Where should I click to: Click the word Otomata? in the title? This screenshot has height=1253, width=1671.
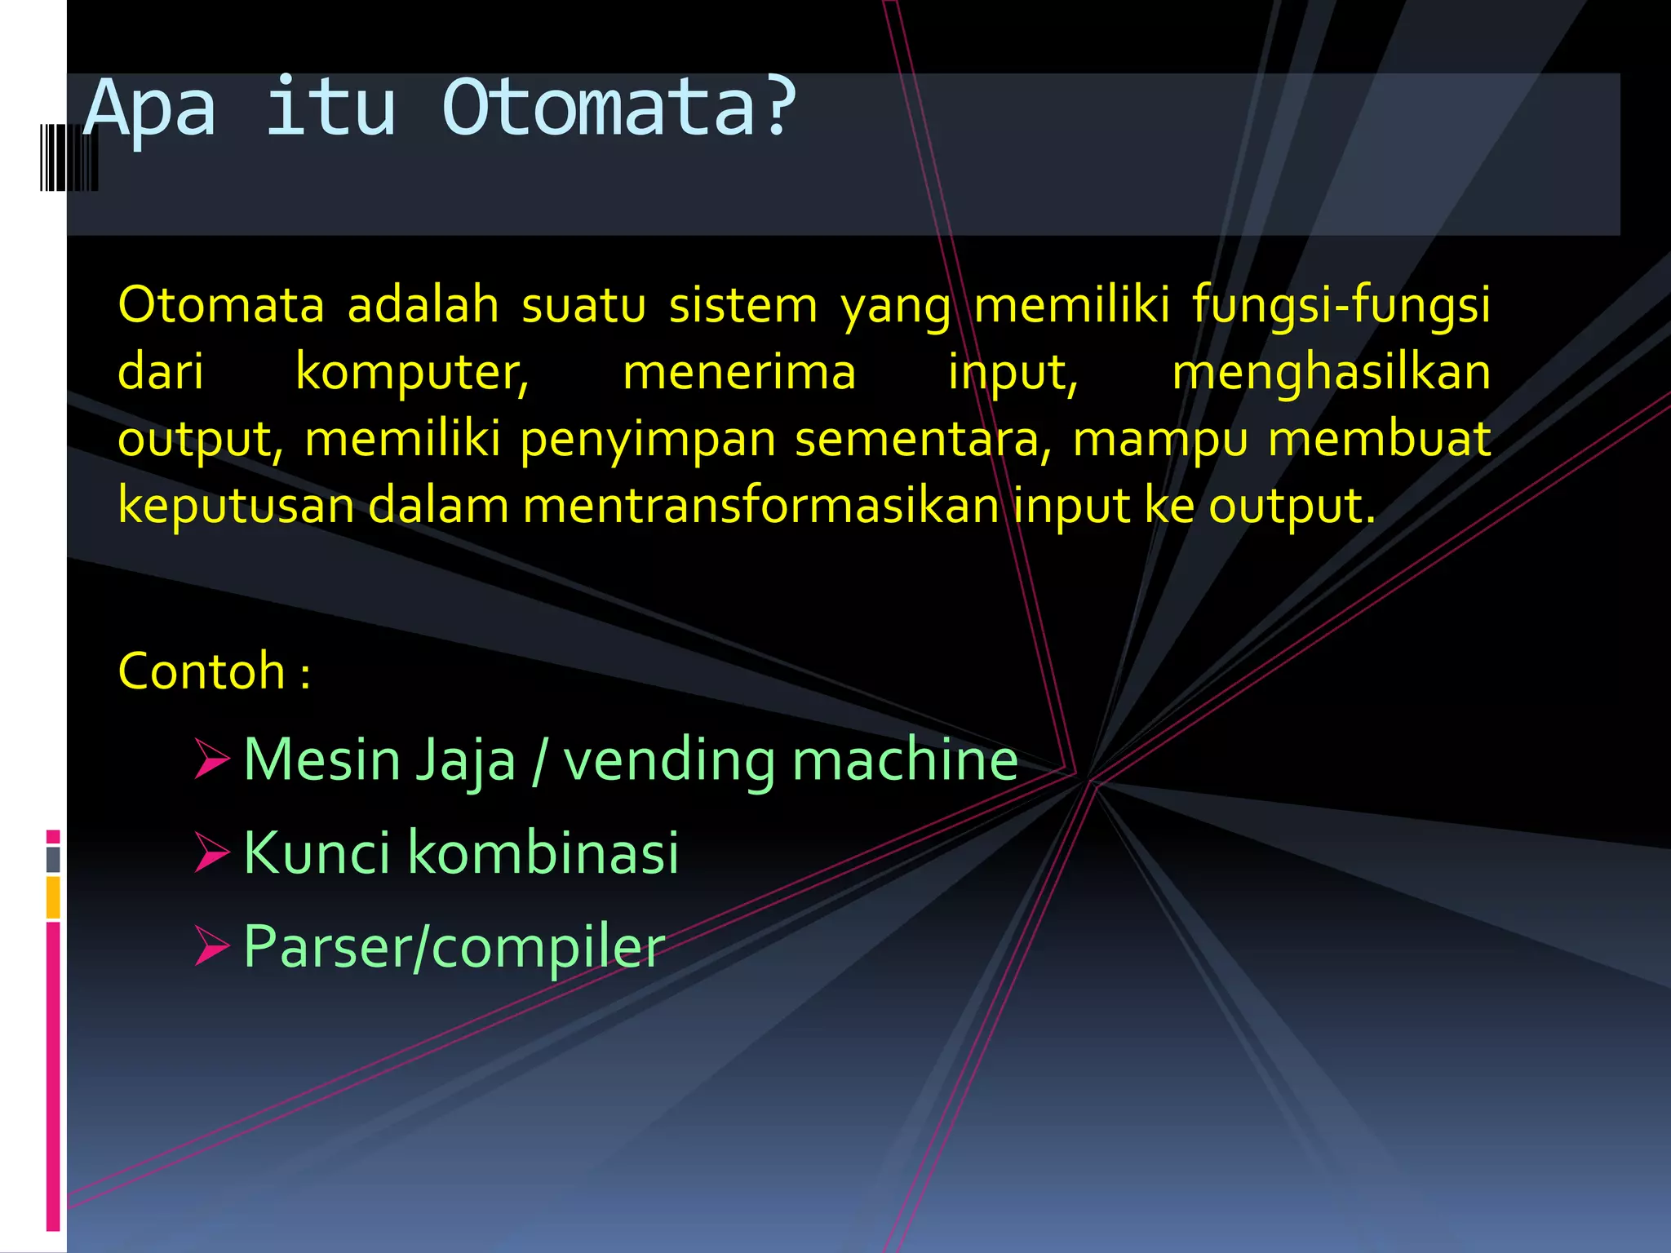pos(618,108)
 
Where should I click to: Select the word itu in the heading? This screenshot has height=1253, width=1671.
pos(331,108)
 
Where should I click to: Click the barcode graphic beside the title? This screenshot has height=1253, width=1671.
pos(69,157)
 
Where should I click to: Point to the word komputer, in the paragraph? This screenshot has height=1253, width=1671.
pos(412,372)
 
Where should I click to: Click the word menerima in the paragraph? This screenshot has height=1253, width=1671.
pos(739,372)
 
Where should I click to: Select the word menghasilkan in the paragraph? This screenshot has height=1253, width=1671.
pos(1331,372)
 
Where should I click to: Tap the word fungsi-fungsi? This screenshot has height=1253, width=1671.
pos(1341,305)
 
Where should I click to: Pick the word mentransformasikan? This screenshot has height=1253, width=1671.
pos(760,506)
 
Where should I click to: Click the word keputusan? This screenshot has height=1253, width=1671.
pos(236,506)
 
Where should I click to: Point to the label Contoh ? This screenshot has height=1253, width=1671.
pos(214,671)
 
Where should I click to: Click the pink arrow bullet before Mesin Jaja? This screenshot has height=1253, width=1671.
pos(211,759)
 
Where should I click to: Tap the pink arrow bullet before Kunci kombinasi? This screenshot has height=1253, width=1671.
pos(211,852)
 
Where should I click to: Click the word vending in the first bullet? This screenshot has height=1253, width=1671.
pos(669,760)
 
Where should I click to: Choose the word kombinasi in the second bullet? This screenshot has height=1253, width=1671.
pos(543,852)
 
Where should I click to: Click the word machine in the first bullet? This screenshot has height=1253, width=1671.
pos(905,760)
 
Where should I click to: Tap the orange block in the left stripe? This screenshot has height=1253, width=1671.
pos(53,897)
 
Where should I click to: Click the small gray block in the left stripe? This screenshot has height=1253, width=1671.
pos(53,859)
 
